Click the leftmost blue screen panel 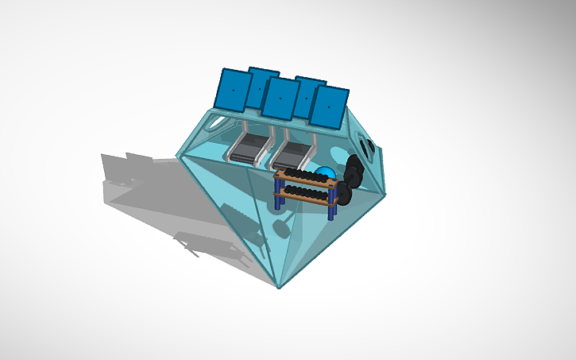(x=233, y=89)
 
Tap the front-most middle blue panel (x=280, y=98)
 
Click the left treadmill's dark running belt (x=248, y=147)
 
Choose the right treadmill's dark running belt (x=290, y=151)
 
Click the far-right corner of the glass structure (x=387, y=193)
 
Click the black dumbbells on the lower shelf (x=306, y=192)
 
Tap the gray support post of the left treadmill (x=246, y=126)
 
